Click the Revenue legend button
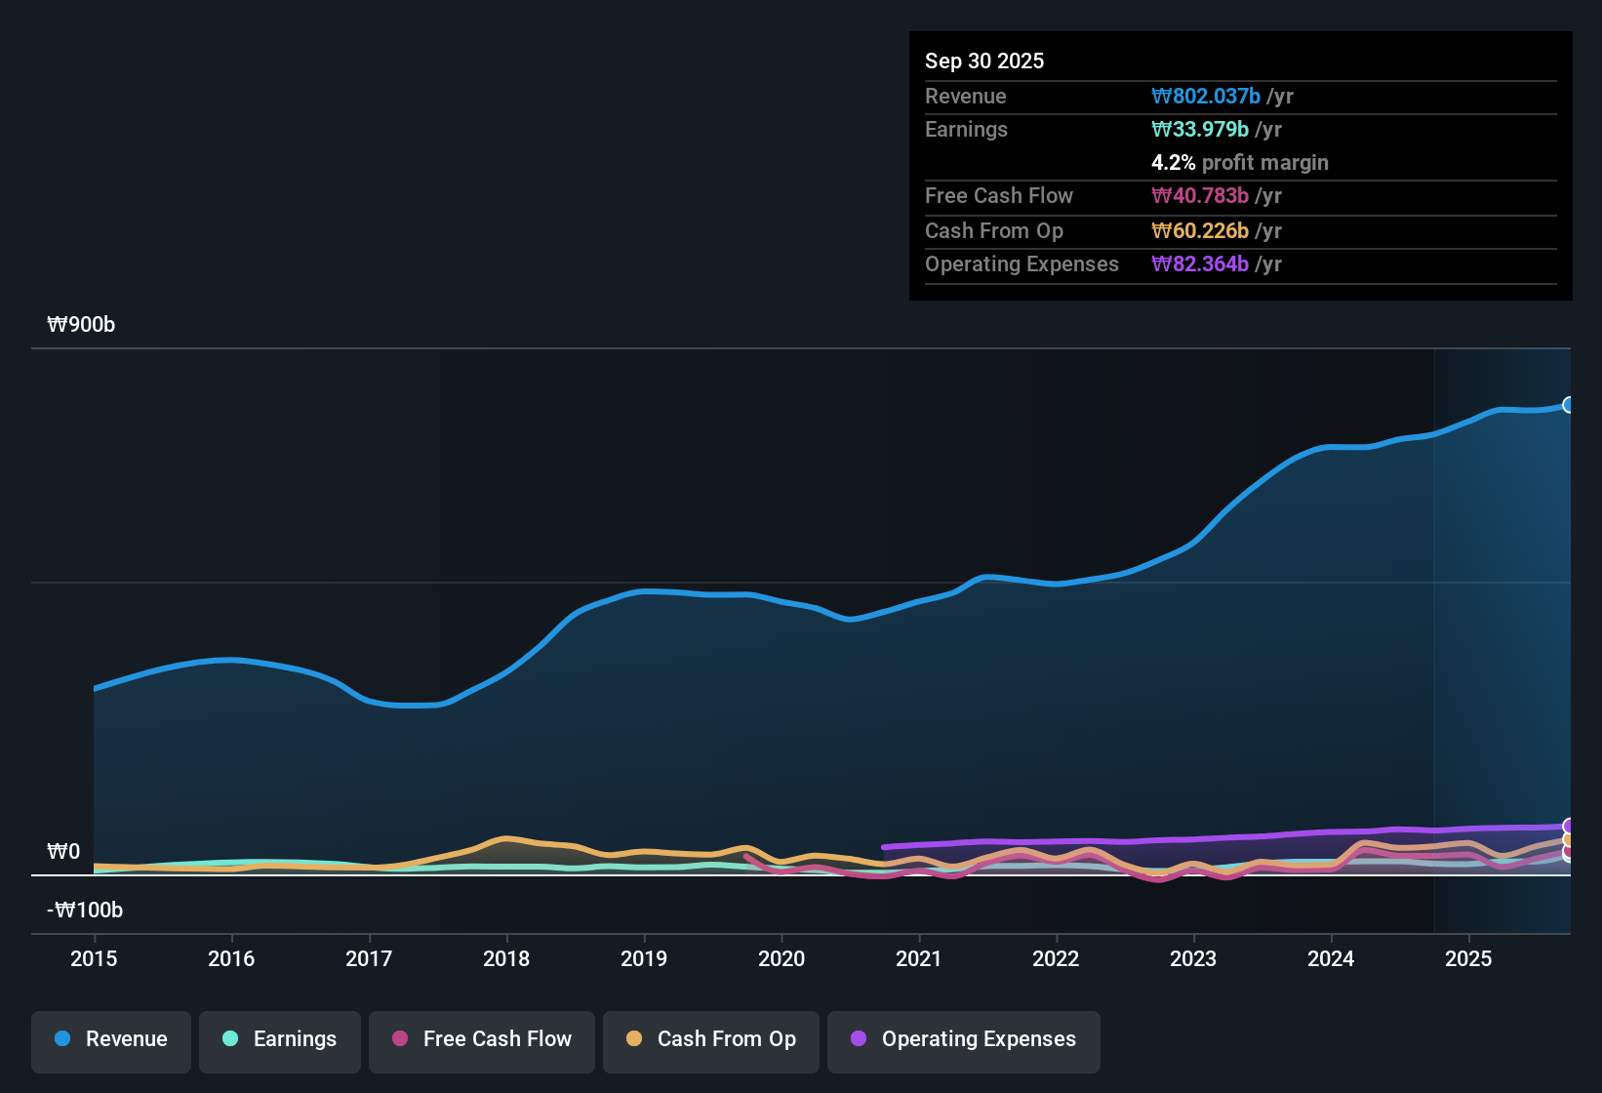111,1039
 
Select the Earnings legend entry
280,1039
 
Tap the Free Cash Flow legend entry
482,1039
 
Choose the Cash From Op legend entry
711,1039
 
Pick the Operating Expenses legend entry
964,1039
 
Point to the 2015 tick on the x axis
94,958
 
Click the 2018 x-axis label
506,958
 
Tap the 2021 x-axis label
918,958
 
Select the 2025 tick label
1467,958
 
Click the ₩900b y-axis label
81,325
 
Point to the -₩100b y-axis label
85,911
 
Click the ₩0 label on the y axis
63,852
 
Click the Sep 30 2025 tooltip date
983,61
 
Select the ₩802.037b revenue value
1206,96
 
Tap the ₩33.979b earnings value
1200,129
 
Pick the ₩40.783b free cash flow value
1200,195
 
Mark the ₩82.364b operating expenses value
1200,263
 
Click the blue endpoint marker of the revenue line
1568,405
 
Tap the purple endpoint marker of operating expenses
1568,827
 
